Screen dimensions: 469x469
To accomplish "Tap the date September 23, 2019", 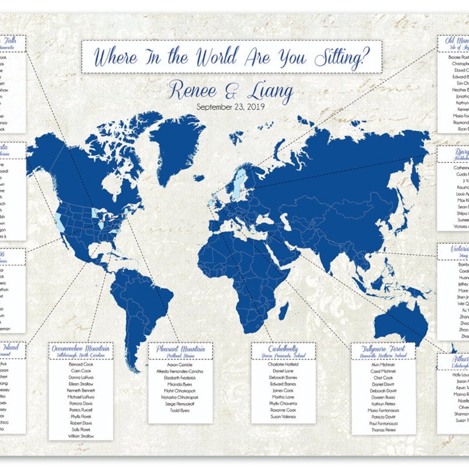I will click(x=230, y=107).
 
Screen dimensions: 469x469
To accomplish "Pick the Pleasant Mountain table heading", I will click(x=180, y=349).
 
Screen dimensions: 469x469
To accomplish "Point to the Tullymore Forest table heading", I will click(x=382, y=349).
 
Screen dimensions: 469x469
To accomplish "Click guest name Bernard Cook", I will click(x=81, y=364).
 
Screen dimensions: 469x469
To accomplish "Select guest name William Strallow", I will click(x=81, y=436).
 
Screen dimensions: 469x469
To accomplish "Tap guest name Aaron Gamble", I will click(x=180, y=364).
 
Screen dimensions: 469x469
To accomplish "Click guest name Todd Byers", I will click(x=180, y=411).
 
